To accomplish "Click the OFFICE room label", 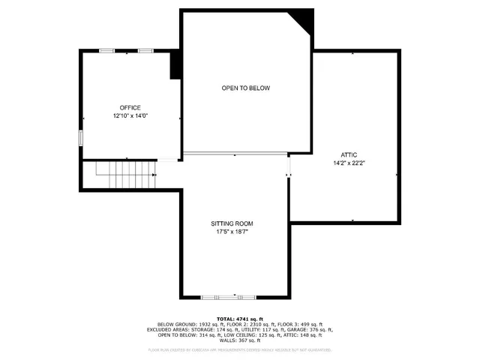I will click(x=130, y=108).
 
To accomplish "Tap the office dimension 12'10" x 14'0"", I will click(x=130, y=117).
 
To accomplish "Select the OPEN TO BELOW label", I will click(x=245, y=88).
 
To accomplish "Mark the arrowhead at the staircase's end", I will click(x=154, y=175).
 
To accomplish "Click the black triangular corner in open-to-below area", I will click(x=304, y=18).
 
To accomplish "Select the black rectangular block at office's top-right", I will click(x=176, y=65).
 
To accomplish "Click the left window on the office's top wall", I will click(x=107, y=50).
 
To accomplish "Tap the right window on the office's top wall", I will click(x=145, y=50).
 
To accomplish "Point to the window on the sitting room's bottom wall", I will click(x=218, y=297).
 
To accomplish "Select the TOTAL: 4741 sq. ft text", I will click(x=240, y=318).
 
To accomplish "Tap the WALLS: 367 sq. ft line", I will click(x=240, y=341).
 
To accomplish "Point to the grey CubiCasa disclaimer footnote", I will click(x=240, y=349).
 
